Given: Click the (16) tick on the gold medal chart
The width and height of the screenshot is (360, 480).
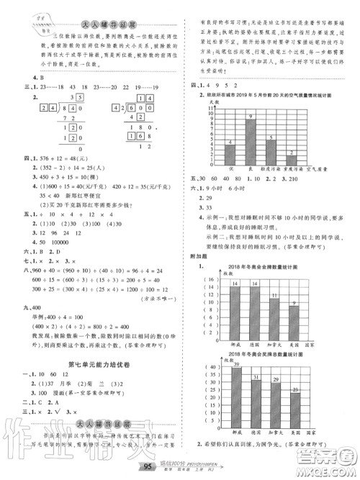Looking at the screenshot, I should (214, 278).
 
